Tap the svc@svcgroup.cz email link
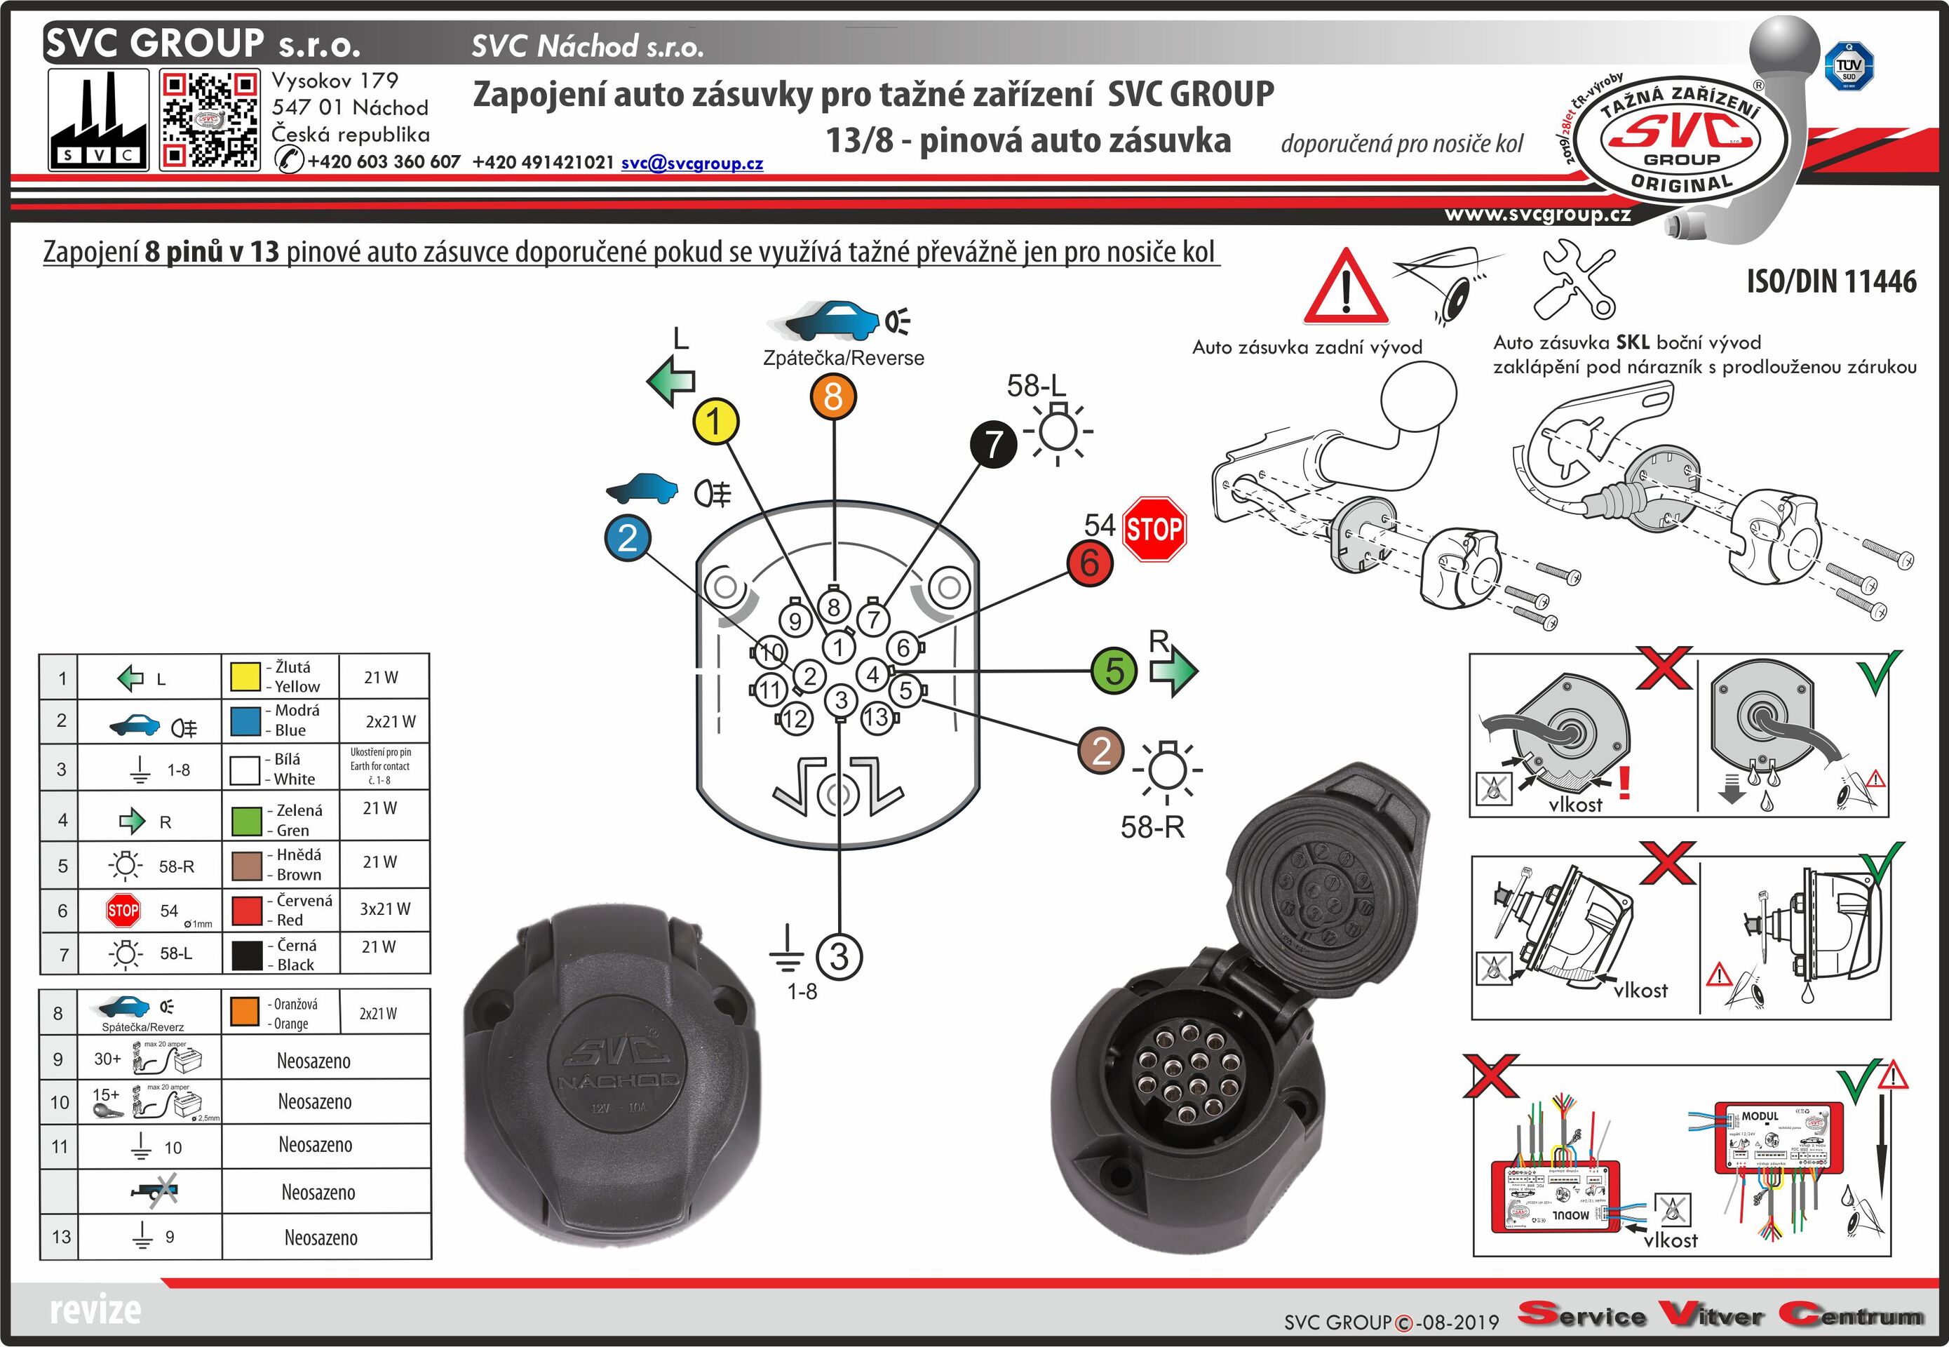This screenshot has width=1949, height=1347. [692, 163]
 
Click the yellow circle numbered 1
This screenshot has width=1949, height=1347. [715, 421]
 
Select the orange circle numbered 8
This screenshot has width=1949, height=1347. [834, 396]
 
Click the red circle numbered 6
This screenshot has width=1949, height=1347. [1089, 562]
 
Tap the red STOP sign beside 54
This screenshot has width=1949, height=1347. [1154, 529]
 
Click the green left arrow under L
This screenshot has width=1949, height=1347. [670, 381]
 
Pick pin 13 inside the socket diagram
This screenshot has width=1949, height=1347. [877, 718]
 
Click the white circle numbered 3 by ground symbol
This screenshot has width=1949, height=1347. [839, 956]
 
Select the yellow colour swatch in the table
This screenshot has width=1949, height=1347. [245, 676]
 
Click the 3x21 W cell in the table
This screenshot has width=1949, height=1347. [385, 909]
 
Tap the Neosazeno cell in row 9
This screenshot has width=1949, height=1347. [314, 1061]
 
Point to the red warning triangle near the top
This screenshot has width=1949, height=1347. [1346, 290]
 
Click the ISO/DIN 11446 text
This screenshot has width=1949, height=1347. [1831, 281]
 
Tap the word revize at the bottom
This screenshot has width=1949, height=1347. [95, 1310]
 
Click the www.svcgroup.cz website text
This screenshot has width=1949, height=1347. [1537, 215]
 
